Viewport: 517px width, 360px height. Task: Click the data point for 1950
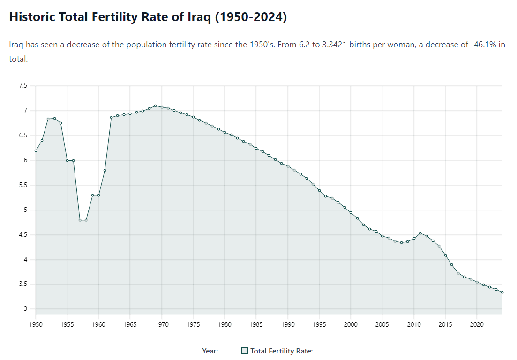[36, 150]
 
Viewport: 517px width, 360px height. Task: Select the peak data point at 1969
[156, 106]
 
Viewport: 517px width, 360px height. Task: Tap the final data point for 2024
[502, 292]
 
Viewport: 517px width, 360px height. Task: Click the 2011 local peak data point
[420, 233]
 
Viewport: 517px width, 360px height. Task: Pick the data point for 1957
[80, 220]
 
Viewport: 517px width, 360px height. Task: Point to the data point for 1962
[112, 118]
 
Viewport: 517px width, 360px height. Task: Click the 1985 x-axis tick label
[256, 324]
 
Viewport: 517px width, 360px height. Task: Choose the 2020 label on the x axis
[477, 324]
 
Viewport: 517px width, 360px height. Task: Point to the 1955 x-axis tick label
[67, 324]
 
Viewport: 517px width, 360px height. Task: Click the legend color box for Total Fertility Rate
[244, 351]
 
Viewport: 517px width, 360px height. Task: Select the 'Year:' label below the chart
[210, 351]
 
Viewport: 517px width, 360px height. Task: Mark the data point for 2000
[351, 213]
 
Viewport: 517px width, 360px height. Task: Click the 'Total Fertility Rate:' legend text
[281, 351]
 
